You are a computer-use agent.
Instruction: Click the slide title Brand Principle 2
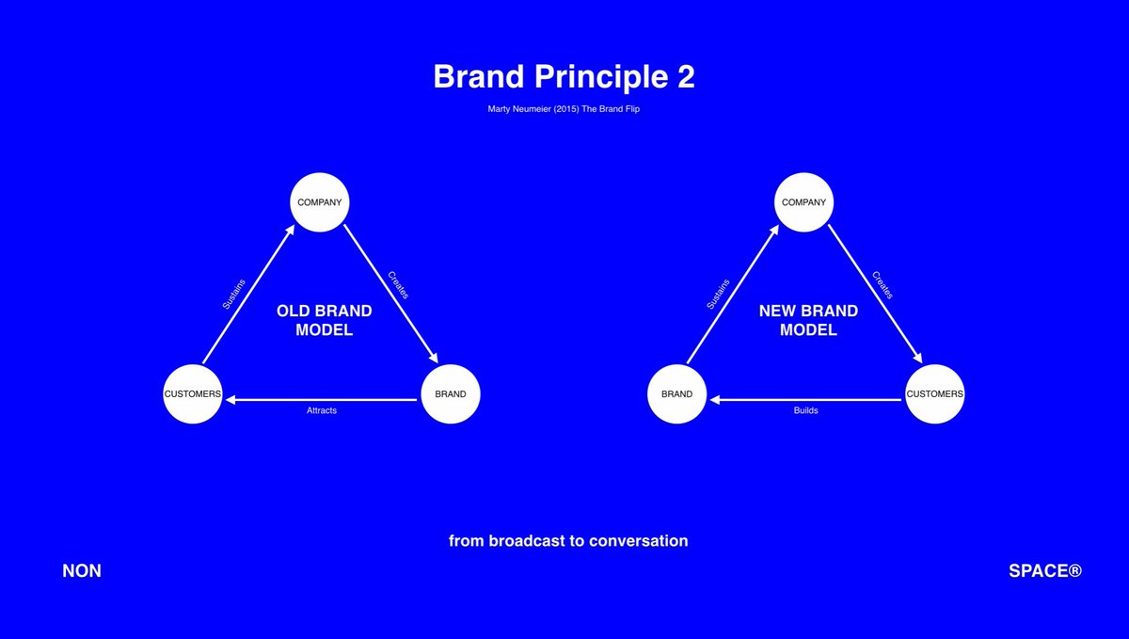tap(564, 77)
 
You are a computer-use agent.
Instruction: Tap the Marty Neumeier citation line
tap(564, 108)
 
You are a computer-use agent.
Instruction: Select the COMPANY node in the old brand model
tap(320, 202)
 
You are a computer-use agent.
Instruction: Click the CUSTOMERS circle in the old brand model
tap(193, 393)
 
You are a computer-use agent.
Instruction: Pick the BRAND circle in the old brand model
tap(451, 393)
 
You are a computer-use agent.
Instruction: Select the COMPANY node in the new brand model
tap(804, 202)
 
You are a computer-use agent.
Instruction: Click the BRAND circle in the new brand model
tap(676, 393)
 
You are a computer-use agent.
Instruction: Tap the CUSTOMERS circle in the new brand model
tap(935, 393)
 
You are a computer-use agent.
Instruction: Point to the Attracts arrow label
tap(322, 411)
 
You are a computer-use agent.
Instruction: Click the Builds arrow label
tap(806, 411)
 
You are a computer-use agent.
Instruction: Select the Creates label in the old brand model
tap(398, 285)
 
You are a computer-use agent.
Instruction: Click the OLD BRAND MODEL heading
tap(324, 320)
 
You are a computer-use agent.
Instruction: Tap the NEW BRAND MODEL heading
tap(808, 320)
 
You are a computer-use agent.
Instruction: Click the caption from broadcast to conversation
tap(568, 541)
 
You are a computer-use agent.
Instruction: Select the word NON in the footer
tap(82, 571)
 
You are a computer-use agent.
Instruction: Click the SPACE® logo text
tap(1045, 571)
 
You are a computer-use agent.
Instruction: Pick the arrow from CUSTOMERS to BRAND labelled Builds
tap(806, 400)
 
